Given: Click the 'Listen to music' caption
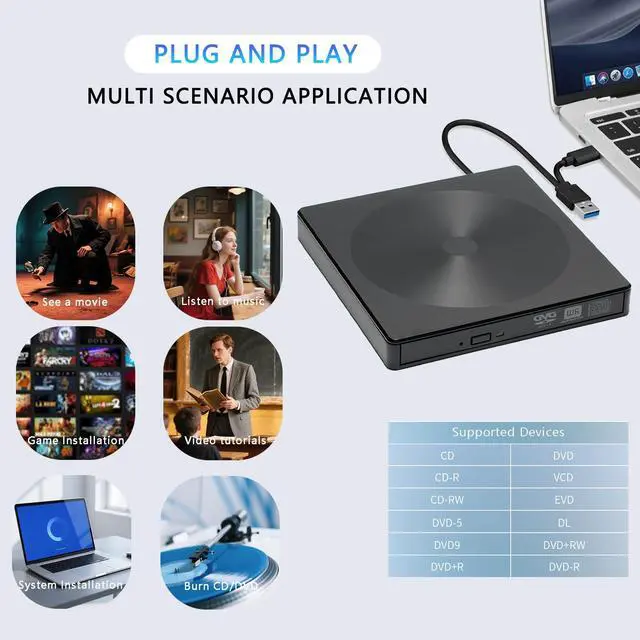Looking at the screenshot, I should [x=222, y=301].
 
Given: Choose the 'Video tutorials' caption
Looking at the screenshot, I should [x=226, y=440].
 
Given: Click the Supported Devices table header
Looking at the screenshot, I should [x=508, y=432].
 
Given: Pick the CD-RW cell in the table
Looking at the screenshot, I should [x=448, y=499].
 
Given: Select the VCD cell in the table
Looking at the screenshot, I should [x=563, y=477].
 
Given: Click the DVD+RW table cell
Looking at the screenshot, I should [x=564, y=545].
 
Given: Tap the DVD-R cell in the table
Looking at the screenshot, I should [x=564, y=567].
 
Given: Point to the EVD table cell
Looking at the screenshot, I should [x=563, y=499].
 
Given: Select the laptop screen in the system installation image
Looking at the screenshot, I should [x=55, y=531].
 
